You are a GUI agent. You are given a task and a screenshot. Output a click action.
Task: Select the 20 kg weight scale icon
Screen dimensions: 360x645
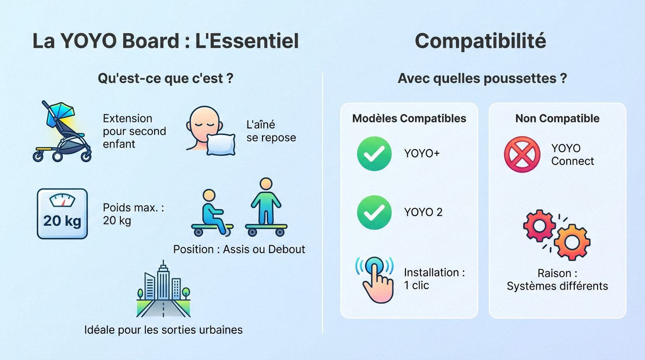[x=62, y=214]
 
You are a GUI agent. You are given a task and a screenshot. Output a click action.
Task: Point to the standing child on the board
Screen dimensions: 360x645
[x=266, y=206]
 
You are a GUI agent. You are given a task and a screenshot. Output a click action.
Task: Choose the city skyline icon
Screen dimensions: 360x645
[x=163, y=291]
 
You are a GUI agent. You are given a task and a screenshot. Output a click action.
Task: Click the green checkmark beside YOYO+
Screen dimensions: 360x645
[x=374, y=153]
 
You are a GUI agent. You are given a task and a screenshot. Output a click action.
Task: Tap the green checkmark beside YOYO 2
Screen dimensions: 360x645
[x=374, y=212]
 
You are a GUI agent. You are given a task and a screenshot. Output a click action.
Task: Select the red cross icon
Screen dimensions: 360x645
[x=522, y=155]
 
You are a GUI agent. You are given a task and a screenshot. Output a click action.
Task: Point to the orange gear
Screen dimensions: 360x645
[x=572, y=242]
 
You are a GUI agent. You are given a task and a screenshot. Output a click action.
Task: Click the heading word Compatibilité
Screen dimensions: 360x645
[x=480, y=41]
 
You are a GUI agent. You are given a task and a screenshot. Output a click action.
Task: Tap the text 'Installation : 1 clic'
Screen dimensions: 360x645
[x=434, y=278]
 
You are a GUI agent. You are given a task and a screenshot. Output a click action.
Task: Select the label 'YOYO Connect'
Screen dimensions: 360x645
[x=572, y=155]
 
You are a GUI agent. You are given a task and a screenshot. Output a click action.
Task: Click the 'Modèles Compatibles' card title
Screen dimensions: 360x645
[x=409, y=118]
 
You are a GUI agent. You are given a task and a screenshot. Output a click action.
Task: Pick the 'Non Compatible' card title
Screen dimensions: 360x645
[x=557, y=118]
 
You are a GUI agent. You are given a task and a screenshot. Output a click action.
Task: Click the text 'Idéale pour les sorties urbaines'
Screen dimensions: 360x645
[x=164, y=330]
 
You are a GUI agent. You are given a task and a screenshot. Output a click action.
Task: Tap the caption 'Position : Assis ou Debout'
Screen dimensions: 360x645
[x=239, y=249]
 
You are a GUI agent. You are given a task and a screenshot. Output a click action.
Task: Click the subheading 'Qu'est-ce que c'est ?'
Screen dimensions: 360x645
[x=165, y=78]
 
